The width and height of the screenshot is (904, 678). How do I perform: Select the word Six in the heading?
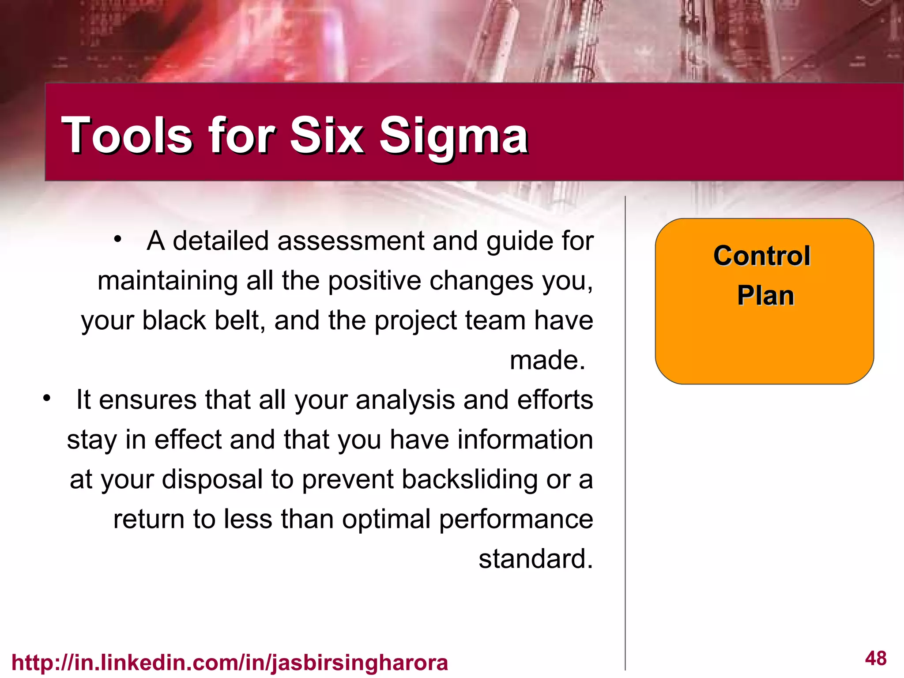pos(326,135)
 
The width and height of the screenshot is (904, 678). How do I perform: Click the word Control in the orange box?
pos(762,256)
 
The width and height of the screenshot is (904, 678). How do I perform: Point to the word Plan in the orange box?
pos(765,295)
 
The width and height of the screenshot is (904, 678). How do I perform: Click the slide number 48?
pos(876,659)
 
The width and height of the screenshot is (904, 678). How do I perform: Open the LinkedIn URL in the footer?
pos(230,663)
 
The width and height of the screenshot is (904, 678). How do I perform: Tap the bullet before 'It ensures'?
pos(47,399)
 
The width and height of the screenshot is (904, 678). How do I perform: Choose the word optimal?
pos(386,520)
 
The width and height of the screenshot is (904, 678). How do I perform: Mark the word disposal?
pos(212,480)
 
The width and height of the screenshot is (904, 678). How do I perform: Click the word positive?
pos(374,281)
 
